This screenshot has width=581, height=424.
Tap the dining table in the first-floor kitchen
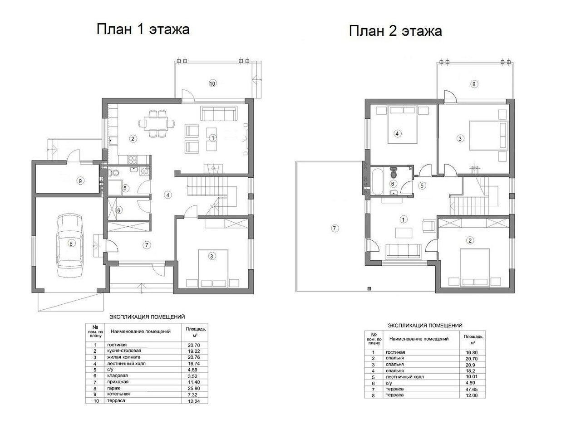click(x=157, y=123)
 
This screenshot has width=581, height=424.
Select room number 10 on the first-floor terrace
click(x=212, y=83)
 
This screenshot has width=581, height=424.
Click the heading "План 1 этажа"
click(x=143, y=29)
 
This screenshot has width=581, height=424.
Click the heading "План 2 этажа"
click(x=395, y=31)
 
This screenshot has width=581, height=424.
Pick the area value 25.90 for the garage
click(x=194, y=388)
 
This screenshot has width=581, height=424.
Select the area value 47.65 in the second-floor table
click(x=472, y=389)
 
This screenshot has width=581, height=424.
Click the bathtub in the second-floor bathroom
click(x=377, y=181)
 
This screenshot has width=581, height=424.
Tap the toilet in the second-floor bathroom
click(x=394, y=171)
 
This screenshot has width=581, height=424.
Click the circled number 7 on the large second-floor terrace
click(x=335, y=229)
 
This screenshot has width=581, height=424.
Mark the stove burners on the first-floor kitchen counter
click(x=132, y=159)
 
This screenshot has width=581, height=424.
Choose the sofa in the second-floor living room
click(x=403, y=251)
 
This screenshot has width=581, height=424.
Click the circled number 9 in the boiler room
click(x=80, y=181)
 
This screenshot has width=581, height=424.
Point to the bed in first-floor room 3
click(x=213, y=268)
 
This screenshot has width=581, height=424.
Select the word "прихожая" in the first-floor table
click(x=118, y=382)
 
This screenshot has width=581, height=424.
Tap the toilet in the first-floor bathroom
click(x=113, y=172)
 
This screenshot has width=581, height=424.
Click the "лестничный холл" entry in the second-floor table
click(x=404, y=377)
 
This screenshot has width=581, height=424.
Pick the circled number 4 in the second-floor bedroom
click(x=397, y=134)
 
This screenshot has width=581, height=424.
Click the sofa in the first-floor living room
click(x=219, y=113)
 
